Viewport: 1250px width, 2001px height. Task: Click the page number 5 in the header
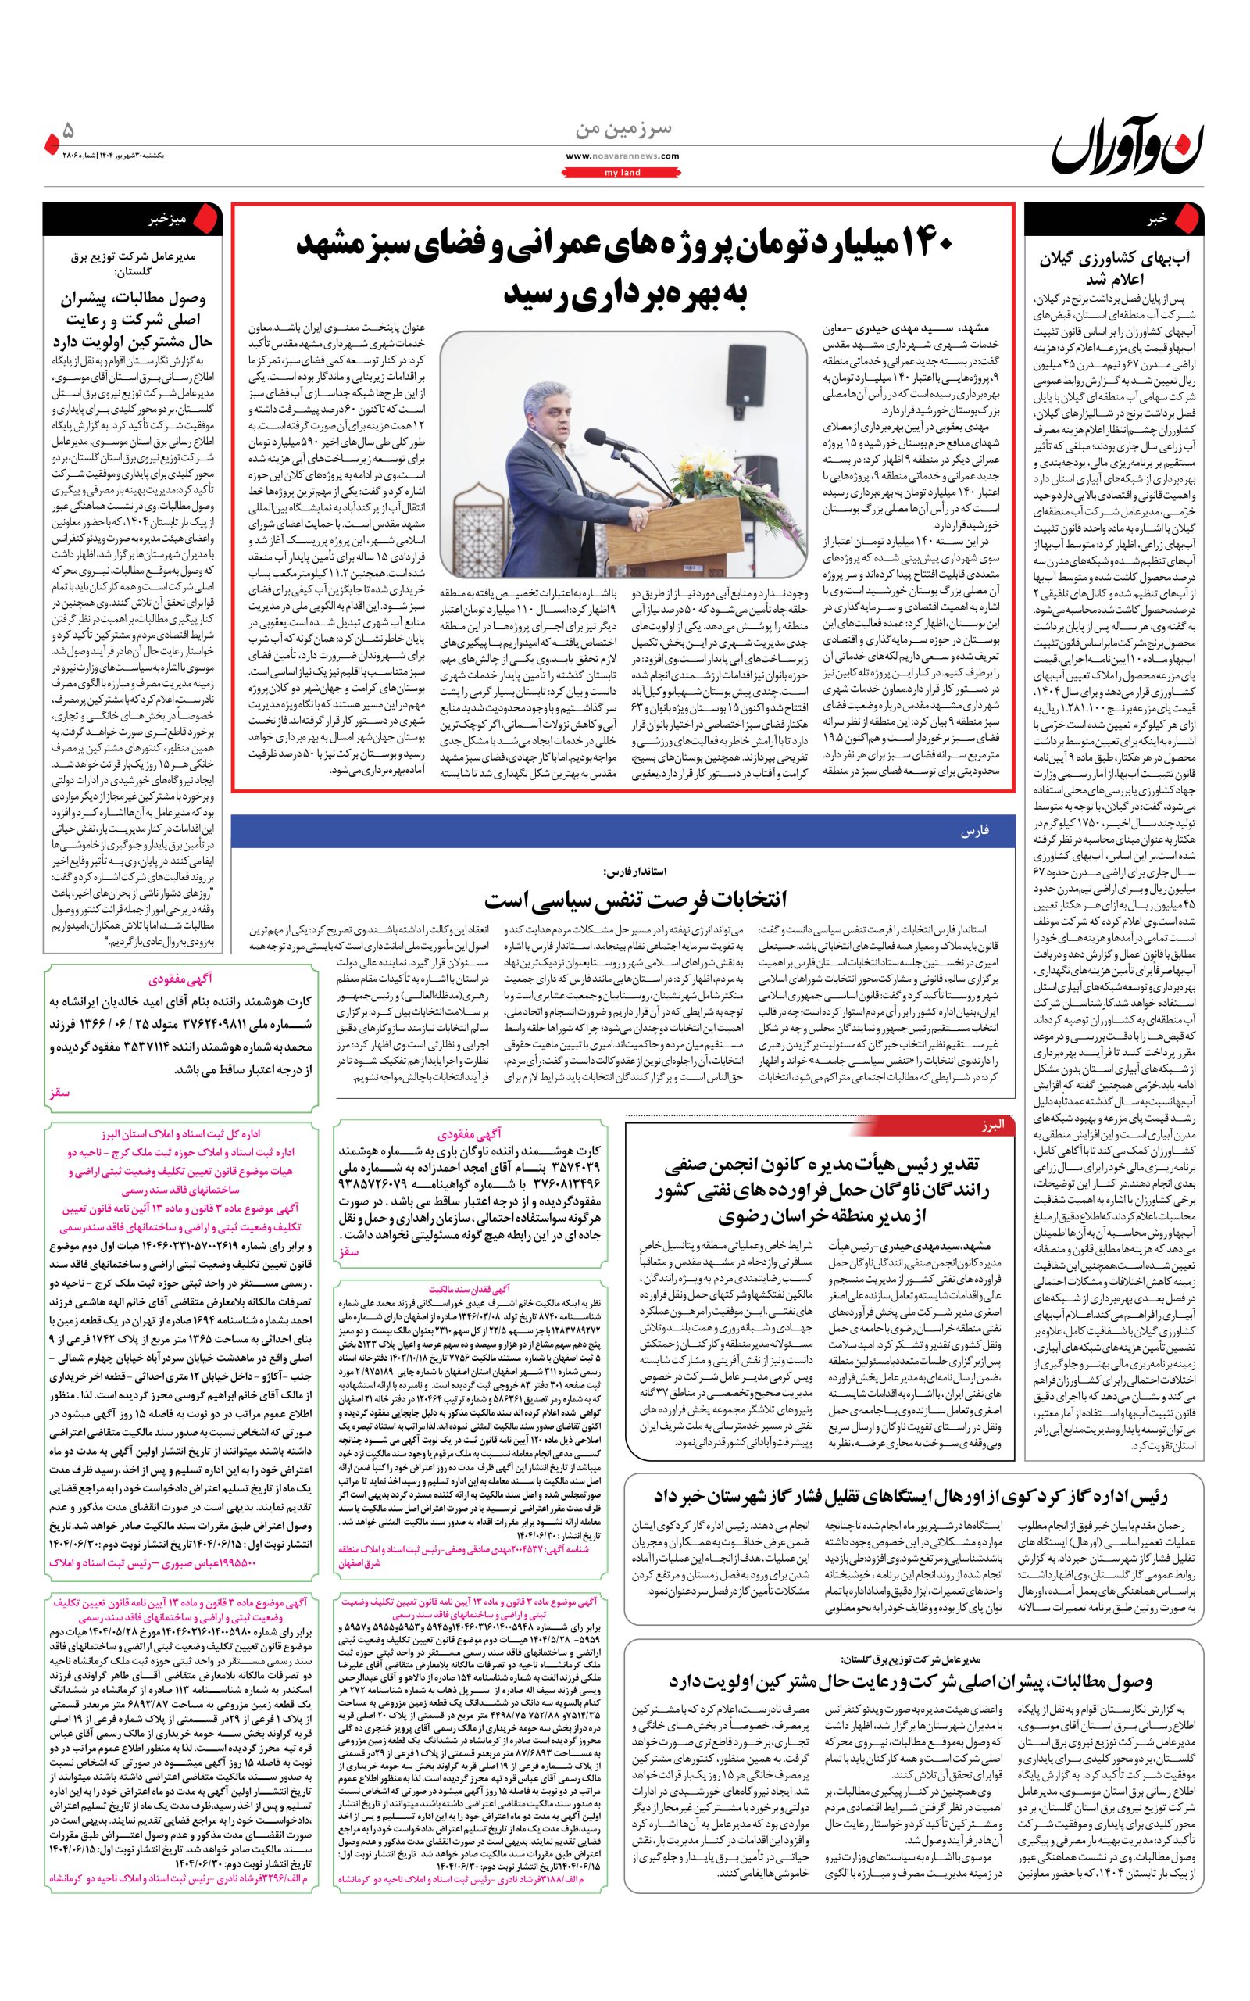pyautogui.click(x=69, y=131)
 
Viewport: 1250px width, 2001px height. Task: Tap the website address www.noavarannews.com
pyautogui.click(x=623, y=156)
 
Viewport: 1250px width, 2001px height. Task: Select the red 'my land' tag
pyautogui.click(x=623, y=173)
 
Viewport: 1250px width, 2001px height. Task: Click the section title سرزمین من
pyautogui.click(x=623, y=131)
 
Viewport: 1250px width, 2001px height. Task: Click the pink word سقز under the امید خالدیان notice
pyautogui.click(x=59, y=1091)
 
